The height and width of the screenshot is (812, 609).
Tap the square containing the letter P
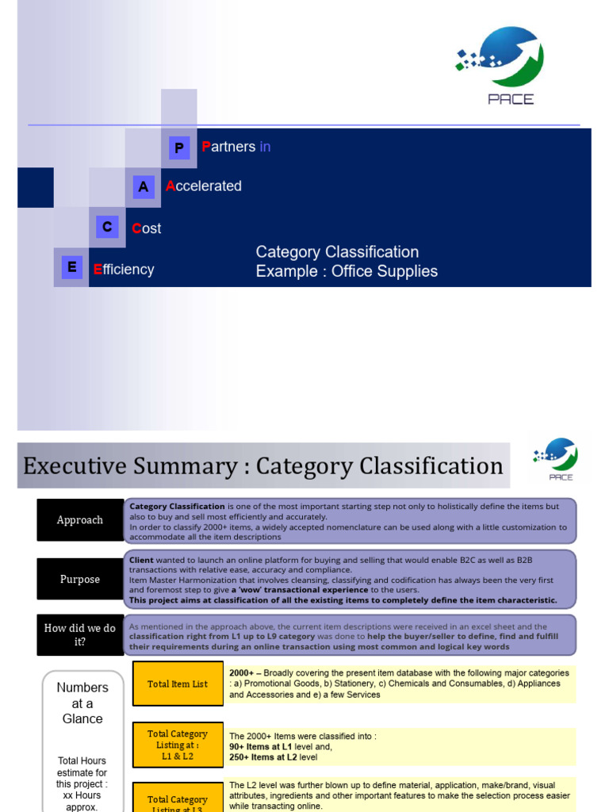point(179,147)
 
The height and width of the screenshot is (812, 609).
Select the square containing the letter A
point(143,187)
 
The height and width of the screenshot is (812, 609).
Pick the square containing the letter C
point(107,228)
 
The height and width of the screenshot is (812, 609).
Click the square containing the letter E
point(71,268)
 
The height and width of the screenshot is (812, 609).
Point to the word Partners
point(229,147)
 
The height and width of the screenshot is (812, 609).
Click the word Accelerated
point(204,186)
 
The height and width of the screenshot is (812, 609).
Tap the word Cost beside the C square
point(147,228)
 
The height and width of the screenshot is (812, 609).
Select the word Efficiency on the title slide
point(124,270)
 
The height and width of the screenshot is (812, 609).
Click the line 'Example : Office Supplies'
point(347,271)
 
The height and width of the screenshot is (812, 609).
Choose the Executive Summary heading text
point(262,465)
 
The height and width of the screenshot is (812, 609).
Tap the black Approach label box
point(80,520)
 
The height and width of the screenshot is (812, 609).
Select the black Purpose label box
point(80,579)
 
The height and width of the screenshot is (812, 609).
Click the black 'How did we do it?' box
point(80,634)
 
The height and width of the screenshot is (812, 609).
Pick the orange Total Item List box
point(178,684)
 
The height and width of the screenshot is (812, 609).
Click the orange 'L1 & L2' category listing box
point(178,745)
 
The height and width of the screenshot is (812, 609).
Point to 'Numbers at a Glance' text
point(82,703)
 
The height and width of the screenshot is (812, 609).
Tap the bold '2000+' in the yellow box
point(243,672)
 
